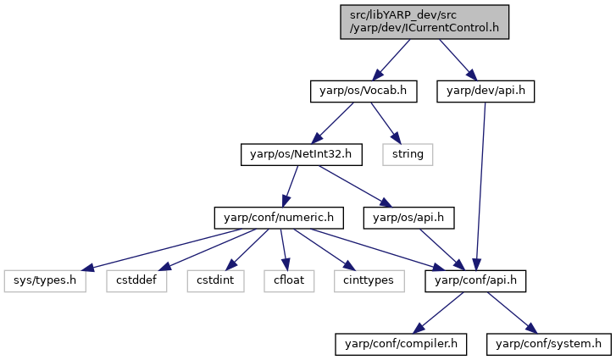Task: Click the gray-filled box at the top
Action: (x=425, y=21)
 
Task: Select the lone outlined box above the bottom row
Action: (x=408, y=154)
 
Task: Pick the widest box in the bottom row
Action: (x=45, y=281)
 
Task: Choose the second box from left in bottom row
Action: (x=136, y=281)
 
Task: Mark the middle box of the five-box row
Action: (x=215, y=281)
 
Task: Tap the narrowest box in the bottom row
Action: (x=289, y=281)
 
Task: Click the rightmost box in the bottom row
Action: (x=369, y=281)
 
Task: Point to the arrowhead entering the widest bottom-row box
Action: (x=86, y=269)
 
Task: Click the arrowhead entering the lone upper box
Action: (x=396, y=139)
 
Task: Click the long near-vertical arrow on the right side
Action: (x=480, y=186)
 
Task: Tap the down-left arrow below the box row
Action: (x=438, y=313)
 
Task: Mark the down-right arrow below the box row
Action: (x=512, y=313)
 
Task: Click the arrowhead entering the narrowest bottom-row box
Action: (x=286, y=266)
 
